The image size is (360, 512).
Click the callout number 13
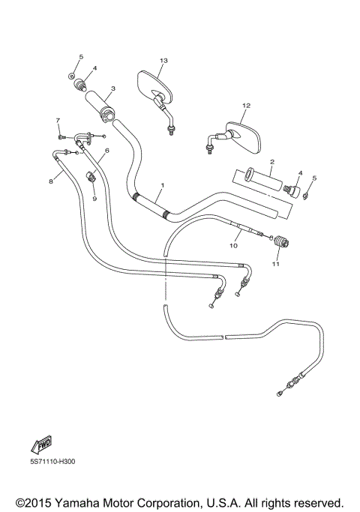[x=163, y=59]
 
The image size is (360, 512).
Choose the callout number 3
[x=112, y=88]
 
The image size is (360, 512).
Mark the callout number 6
[x=106, y=151]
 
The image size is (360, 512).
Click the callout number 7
[x=57, y=120]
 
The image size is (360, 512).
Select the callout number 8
[x=51, y=181]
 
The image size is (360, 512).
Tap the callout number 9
[x=94, y=199]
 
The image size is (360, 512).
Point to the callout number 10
[x=233, y=245]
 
